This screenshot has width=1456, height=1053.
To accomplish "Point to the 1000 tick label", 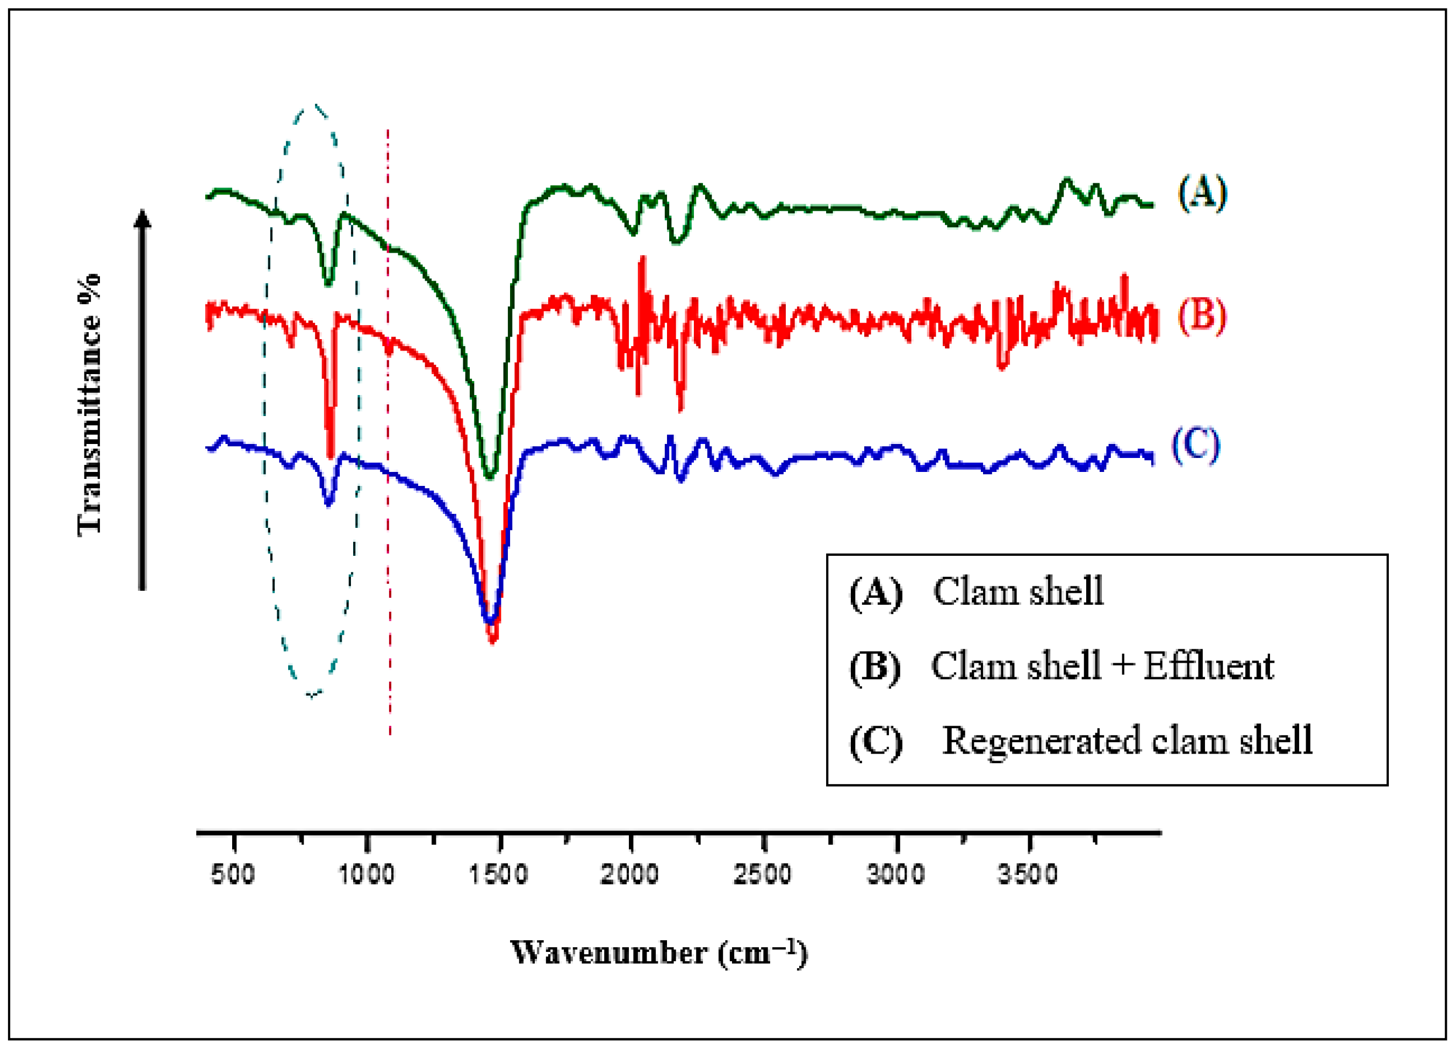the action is point(366,875).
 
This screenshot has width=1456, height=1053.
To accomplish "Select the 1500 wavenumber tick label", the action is point(499,875).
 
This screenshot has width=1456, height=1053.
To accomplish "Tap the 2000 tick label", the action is point(630,875).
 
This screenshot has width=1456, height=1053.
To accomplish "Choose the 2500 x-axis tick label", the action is point(763,875).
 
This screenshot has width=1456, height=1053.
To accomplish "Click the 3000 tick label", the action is point(895,875).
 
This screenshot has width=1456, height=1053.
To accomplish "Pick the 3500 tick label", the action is point(1028,875).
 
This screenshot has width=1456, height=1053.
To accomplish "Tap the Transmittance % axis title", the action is point(89,405).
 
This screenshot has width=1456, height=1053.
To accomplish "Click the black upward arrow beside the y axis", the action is point(142,399).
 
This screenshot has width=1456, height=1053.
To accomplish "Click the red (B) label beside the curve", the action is point(1202,316).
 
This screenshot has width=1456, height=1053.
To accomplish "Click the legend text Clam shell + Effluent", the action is point(1102,666).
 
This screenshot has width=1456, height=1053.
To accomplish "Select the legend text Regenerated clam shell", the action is point(1127,740).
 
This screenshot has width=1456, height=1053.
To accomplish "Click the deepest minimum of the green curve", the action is point(491,476).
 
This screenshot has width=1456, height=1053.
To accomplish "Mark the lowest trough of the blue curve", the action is point(490,620).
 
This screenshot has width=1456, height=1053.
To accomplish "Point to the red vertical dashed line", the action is point(389,432).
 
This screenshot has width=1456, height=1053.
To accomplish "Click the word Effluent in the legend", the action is point(1209,666).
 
